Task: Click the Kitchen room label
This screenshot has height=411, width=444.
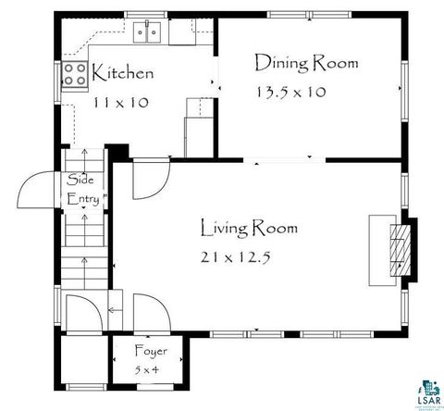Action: point(122,73)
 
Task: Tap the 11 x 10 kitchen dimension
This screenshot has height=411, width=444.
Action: point(121,103)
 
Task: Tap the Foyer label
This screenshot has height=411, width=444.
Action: point(150,351)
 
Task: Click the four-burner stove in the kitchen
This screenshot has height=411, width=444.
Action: point(75,76)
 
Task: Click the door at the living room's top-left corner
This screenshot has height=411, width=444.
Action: point(147,180)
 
